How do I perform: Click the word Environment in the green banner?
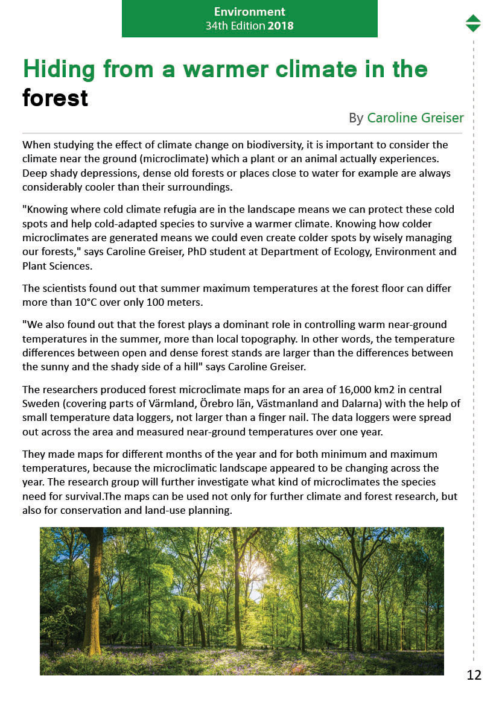(x=249, y=11)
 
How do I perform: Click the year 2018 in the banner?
(x=281, y=26)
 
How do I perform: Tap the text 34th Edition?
(x=235, y=26)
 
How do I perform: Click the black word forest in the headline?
(x=56, y=98)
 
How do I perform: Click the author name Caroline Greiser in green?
(x=415, y=118)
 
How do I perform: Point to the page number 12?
(x=474, y=675)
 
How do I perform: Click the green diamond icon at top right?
(x=473, y=23)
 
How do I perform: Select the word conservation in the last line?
(x=68, y=510)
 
